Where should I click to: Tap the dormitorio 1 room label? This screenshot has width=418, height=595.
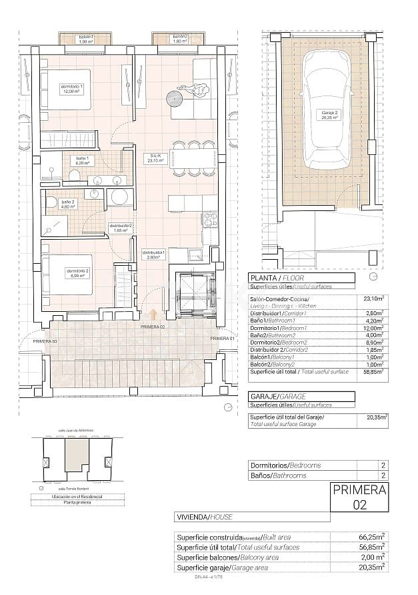tap(72, 89)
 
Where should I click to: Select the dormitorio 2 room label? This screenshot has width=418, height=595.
tap(76, 272)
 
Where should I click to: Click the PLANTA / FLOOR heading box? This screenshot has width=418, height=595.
tap(299, 278)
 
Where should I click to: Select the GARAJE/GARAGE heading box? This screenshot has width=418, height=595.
tap(299, 397)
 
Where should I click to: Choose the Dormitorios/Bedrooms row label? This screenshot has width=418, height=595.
tap(285, 465)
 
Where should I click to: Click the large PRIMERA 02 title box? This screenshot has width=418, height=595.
tap(359, 498)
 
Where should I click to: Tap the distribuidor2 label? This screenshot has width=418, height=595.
tap(122, 228)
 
